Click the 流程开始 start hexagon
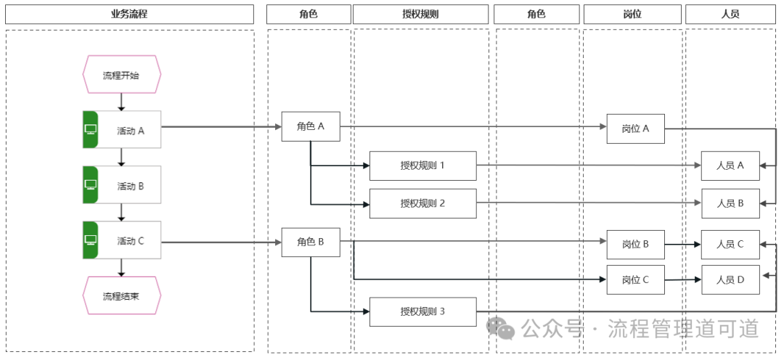tap(121, 75)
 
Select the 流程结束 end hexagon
tap(121, 295)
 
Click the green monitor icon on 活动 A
tap(91, 130)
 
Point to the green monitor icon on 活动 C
tap(91, 240)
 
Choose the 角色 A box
tap(311, 126)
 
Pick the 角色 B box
tap(311, 242)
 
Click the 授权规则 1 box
tap(422, 165)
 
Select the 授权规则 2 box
tap(422, 203)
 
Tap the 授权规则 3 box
tap(422, 311)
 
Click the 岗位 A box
tap(635, 128)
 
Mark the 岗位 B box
tap(635, 244)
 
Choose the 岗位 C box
tap(635, 279)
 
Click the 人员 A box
tap(730, 165)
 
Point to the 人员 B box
tap(730, 203)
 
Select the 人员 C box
tap(730, 244)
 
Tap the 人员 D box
tap(730, 279)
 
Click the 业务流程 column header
tap(129, 14)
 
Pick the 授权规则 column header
tap(420, 14)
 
